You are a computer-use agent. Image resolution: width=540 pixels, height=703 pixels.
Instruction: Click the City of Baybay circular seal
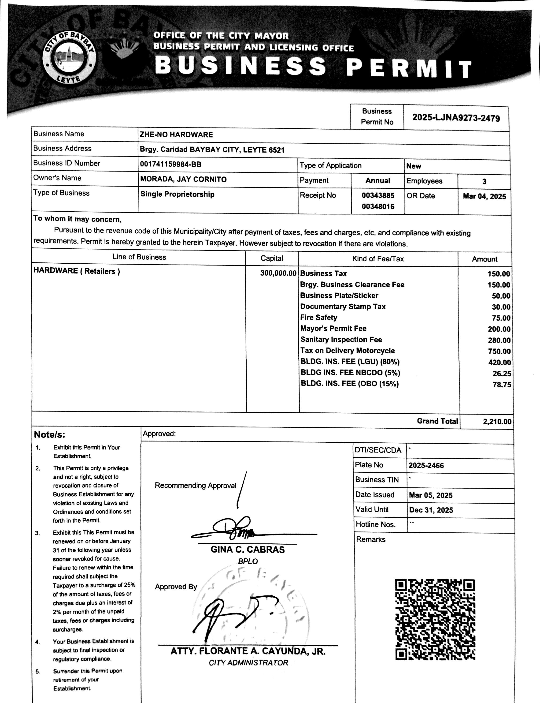(x=69, y=60)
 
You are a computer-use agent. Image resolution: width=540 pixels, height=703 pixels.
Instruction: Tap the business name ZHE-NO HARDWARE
(x=176, y=135)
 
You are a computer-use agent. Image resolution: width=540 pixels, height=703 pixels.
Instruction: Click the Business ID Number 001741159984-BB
(x=171, y=164)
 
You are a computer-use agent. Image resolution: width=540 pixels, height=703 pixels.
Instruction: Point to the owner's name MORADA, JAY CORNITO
(x=183, y=179)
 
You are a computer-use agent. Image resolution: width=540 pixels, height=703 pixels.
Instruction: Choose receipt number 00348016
(x=378, y=206)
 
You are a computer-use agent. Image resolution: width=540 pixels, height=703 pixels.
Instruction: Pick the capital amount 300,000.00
(x=278, y=273)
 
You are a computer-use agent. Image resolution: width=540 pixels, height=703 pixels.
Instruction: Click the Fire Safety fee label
(x=318, y=318)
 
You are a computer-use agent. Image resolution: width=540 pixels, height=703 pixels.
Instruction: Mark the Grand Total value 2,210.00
(x=497, y=421)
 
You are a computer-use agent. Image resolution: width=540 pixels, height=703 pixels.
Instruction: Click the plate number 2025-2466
(x=426, y=465)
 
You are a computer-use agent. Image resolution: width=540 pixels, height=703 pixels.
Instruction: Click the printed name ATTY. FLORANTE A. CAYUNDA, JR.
(x=248, y=651)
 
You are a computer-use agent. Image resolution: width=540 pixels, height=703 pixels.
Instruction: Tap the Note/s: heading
(x=49, y=434)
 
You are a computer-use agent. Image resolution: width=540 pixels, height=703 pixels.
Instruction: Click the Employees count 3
(x=484, y=181)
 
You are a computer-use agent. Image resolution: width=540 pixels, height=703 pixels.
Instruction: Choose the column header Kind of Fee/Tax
(x=378, y=258)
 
